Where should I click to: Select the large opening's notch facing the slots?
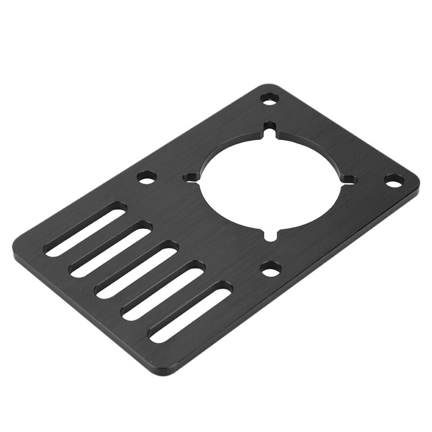tap(190, 177)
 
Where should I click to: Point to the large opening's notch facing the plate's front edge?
tap(271, 235)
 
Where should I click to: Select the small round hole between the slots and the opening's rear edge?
tap(146, 177)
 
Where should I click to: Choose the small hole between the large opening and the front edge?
tap(271, 268)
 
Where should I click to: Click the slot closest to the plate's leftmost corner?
tap(85, 229)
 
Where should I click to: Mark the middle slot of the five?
tap(137, 269)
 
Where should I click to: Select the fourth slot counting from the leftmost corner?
tap(163, 290)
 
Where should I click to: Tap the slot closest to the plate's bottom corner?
tap(190, 312)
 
